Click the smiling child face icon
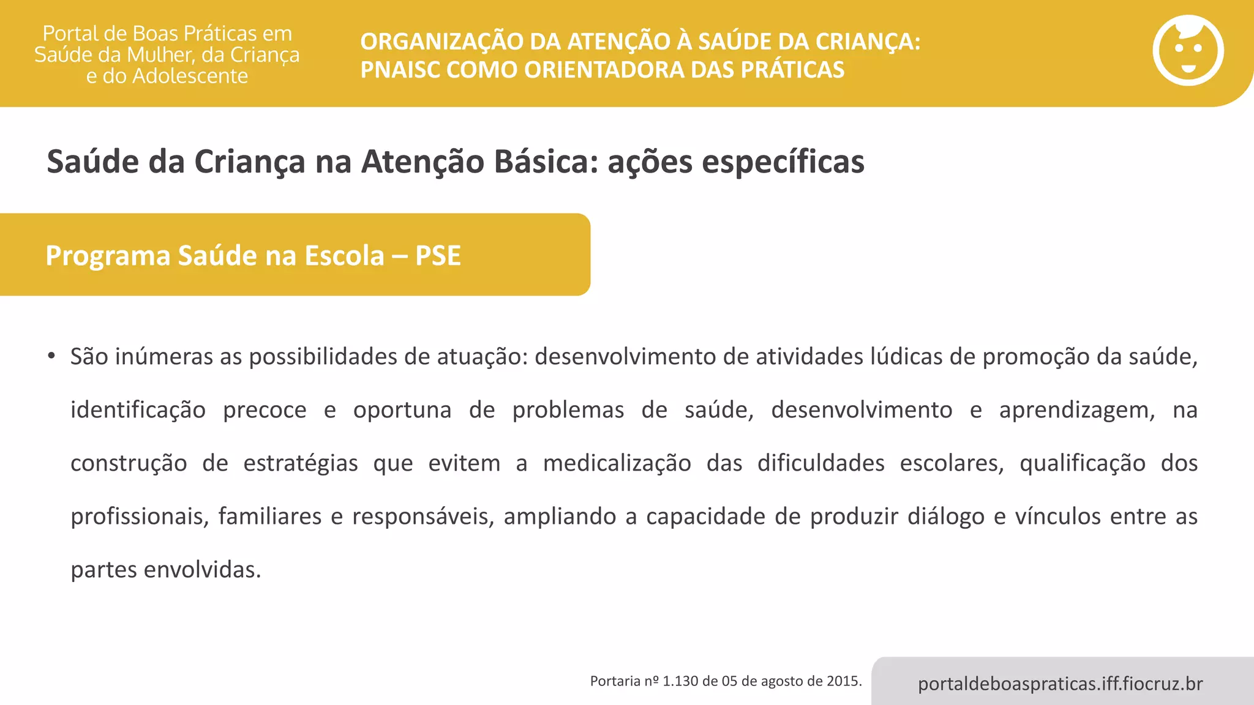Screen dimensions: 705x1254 [x=1188, y=51]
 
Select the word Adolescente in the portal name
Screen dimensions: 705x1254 [x=190, y=76]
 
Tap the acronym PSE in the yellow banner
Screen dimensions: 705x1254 [x=438, y=256]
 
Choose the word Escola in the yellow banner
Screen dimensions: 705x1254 [x=345, y=256]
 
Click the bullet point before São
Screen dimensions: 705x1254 [x=51, y=356]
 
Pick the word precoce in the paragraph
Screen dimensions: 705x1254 [x=265, y=410]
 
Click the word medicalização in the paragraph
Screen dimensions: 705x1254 [x=617, y=463]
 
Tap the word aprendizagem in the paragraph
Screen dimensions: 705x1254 [x=1076, y=410]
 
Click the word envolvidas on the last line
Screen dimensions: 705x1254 [x=202, y=570]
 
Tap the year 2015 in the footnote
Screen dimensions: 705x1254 [x=844, y=681]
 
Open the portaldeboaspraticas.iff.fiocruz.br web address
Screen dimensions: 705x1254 [x=1060, y=684]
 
